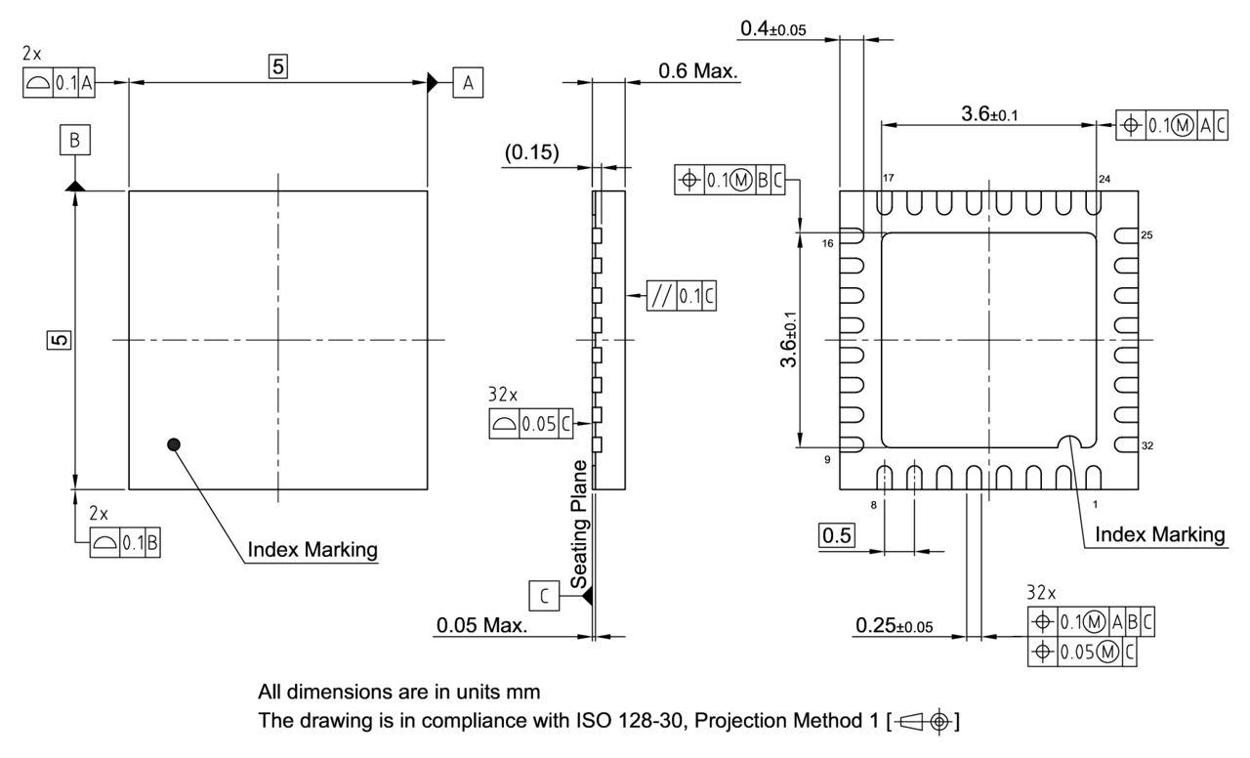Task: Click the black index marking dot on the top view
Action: [x=174, y=444]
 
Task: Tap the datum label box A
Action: [x=468, y=83]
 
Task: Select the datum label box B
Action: [x=74, y=142]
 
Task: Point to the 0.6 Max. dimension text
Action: [x=698, y=71]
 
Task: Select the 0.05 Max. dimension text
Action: [x=482, y=625]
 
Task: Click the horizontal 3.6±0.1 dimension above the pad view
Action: [x=988, y=114]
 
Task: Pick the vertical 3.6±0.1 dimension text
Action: [x=788, y=340]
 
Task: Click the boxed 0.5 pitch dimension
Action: [x=836, y=535]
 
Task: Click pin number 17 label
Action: [x=889, y=178]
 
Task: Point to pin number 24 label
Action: [x=1104, y=178]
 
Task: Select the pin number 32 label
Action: [x=1148, y=445]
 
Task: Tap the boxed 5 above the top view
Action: [x=278, y=66]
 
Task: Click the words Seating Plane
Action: [x=579, y=524]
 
